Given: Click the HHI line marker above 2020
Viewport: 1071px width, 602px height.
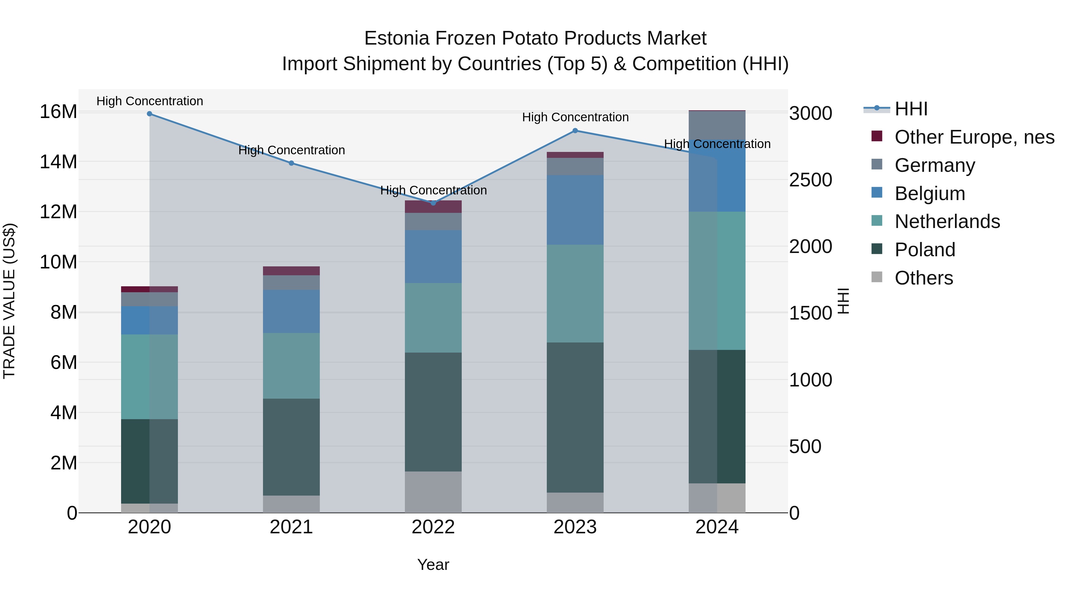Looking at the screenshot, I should point(149,114).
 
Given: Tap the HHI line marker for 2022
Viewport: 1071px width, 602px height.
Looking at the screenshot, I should point(433,203).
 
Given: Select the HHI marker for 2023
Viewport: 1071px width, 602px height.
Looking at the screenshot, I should point(575,131).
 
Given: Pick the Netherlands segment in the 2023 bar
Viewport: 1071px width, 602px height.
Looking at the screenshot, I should point(575,293).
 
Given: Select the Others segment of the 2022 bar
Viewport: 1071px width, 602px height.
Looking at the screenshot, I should point(433,492).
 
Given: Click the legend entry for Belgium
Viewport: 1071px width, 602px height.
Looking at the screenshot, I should point(930,194).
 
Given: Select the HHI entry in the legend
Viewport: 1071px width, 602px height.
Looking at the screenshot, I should point(911,109).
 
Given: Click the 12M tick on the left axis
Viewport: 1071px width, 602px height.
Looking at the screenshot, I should point(58,212).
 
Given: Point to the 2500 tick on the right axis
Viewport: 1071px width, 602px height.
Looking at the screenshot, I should point(810,180).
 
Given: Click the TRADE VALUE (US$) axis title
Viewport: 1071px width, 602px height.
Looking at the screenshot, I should point(9,301).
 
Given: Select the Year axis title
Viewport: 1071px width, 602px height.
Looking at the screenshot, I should point(433,565).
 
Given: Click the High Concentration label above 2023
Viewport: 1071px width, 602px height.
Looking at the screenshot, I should point(575,117).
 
